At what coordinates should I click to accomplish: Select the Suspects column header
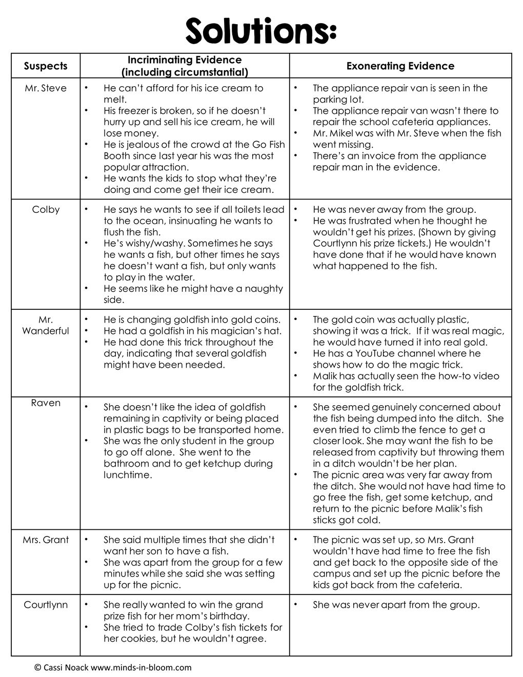pos(46,66)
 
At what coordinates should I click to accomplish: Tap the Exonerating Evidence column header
pos(400,66)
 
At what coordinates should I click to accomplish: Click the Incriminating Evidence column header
pos(185,66)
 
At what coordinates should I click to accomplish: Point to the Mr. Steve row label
pos(46,88)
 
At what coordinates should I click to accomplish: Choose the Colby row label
pos(46,210)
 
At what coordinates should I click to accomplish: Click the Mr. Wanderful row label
pos(46,325)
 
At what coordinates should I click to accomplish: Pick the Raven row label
pos(46,403)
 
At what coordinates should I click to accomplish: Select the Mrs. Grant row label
pos(46,540)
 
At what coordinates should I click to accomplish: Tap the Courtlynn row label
pos(46,605)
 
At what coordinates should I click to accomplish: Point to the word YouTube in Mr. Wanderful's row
pos(384,354)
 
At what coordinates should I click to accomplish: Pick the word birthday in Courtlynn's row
pos(230,616)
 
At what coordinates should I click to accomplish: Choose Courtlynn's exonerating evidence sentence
pos(396,605)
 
